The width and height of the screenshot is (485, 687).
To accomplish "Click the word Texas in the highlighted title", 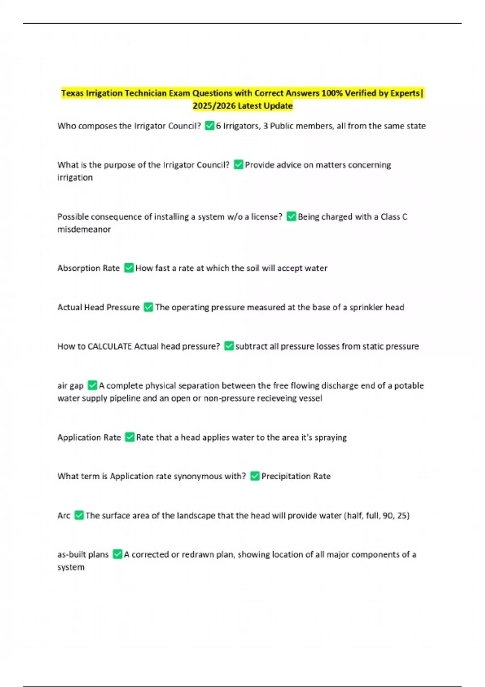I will tap(72, 93).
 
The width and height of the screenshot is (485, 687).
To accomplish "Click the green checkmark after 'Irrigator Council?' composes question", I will tap(209, 126).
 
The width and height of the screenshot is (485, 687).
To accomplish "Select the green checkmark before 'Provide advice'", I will tap(238, 165).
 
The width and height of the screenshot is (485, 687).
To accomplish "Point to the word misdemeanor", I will tap(84, 229).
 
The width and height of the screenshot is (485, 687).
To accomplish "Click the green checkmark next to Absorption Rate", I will tap(129, 268).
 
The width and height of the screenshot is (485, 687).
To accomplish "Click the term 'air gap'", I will tap(70, 386).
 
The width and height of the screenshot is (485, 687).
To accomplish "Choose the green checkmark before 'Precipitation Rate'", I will tap(255, 476).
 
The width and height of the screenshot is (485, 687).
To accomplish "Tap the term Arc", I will tap(64, 516).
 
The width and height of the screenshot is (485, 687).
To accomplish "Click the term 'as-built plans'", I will tap(83, 554).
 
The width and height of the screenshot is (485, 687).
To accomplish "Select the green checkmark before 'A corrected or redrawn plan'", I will tap(117, 554).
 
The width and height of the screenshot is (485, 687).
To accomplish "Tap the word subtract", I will tap(251, 346).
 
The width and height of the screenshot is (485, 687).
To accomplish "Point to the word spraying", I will tap(331, 437).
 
